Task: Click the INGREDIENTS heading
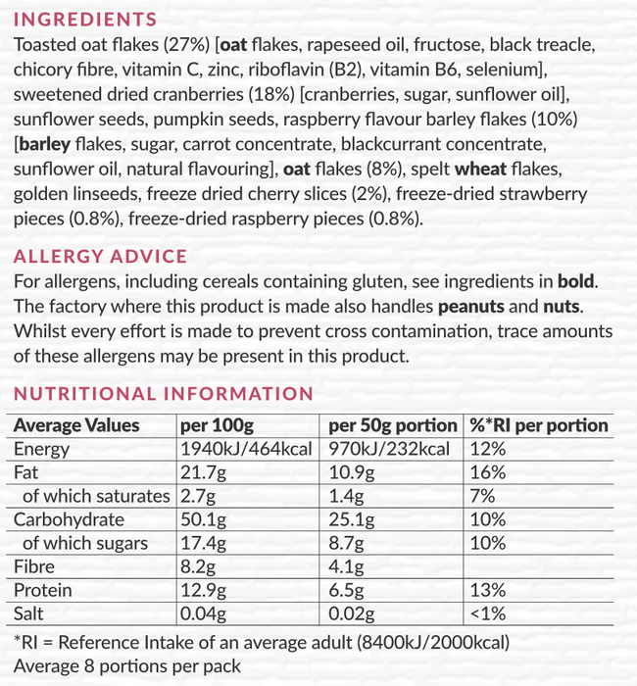coord(85,20)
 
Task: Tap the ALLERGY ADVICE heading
coord(100,257)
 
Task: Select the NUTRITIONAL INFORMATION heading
coord(163,394)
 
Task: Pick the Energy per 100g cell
coord(246,450)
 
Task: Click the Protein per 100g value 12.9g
coord(204,590)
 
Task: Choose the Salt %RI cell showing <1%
coord(487,613)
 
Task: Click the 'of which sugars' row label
coord(85,543)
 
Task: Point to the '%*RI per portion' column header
coord(539,425)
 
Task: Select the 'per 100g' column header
coord(217,425)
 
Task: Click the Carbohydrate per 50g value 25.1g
coord(350,519)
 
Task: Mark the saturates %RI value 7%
coord(482,496)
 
